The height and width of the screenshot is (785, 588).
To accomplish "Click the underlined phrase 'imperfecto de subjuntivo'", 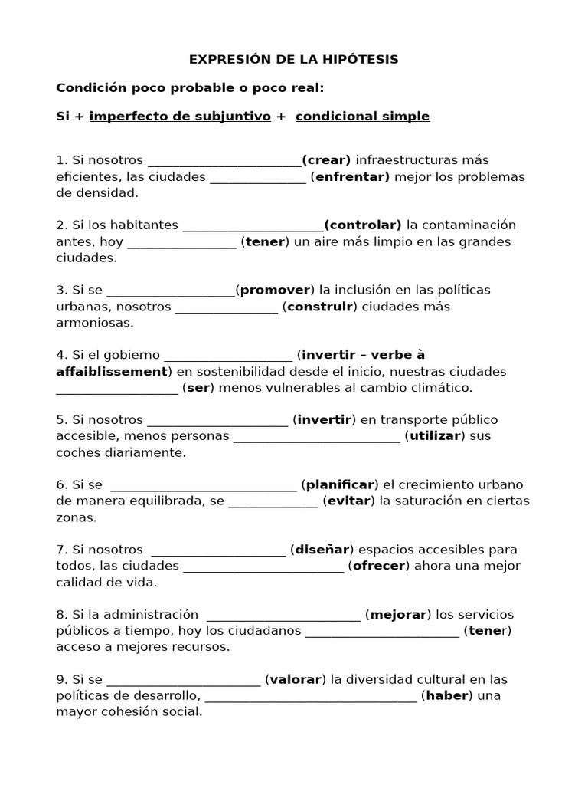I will (x=180, y=117).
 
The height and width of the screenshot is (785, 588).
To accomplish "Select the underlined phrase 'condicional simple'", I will (x=362, y=117).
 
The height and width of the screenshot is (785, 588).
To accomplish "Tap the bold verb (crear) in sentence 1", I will (x=326, y=160).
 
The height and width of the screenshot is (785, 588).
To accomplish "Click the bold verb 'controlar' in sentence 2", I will (x=363, y=225).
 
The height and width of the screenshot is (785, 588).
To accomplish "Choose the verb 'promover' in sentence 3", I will (x=275, y=291).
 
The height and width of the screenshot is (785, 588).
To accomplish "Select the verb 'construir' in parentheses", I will (x=320, y=307).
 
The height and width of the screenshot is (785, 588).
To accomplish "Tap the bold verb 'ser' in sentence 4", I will (x=198, y=388).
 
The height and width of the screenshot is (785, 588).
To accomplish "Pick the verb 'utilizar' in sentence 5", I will (x=436, y=436).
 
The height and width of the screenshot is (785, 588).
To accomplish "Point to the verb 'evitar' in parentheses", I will (x=349, y=501).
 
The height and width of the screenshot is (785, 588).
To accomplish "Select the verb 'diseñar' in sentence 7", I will (x=322, y=550).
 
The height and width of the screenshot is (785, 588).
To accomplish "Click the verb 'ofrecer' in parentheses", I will (x=379, y=567).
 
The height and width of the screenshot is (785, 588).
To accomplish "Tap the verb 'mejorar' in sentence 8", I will (x=398, y=615).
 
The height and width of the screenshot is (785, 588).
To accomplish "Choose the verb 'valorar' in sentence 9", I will (x=296, y=680).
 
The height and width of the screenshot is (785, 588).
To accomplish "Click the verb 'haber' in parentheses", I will (x=446, y=696).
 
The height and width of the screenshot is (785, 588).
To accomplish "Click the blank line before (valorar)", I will (x=184, y=682).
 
